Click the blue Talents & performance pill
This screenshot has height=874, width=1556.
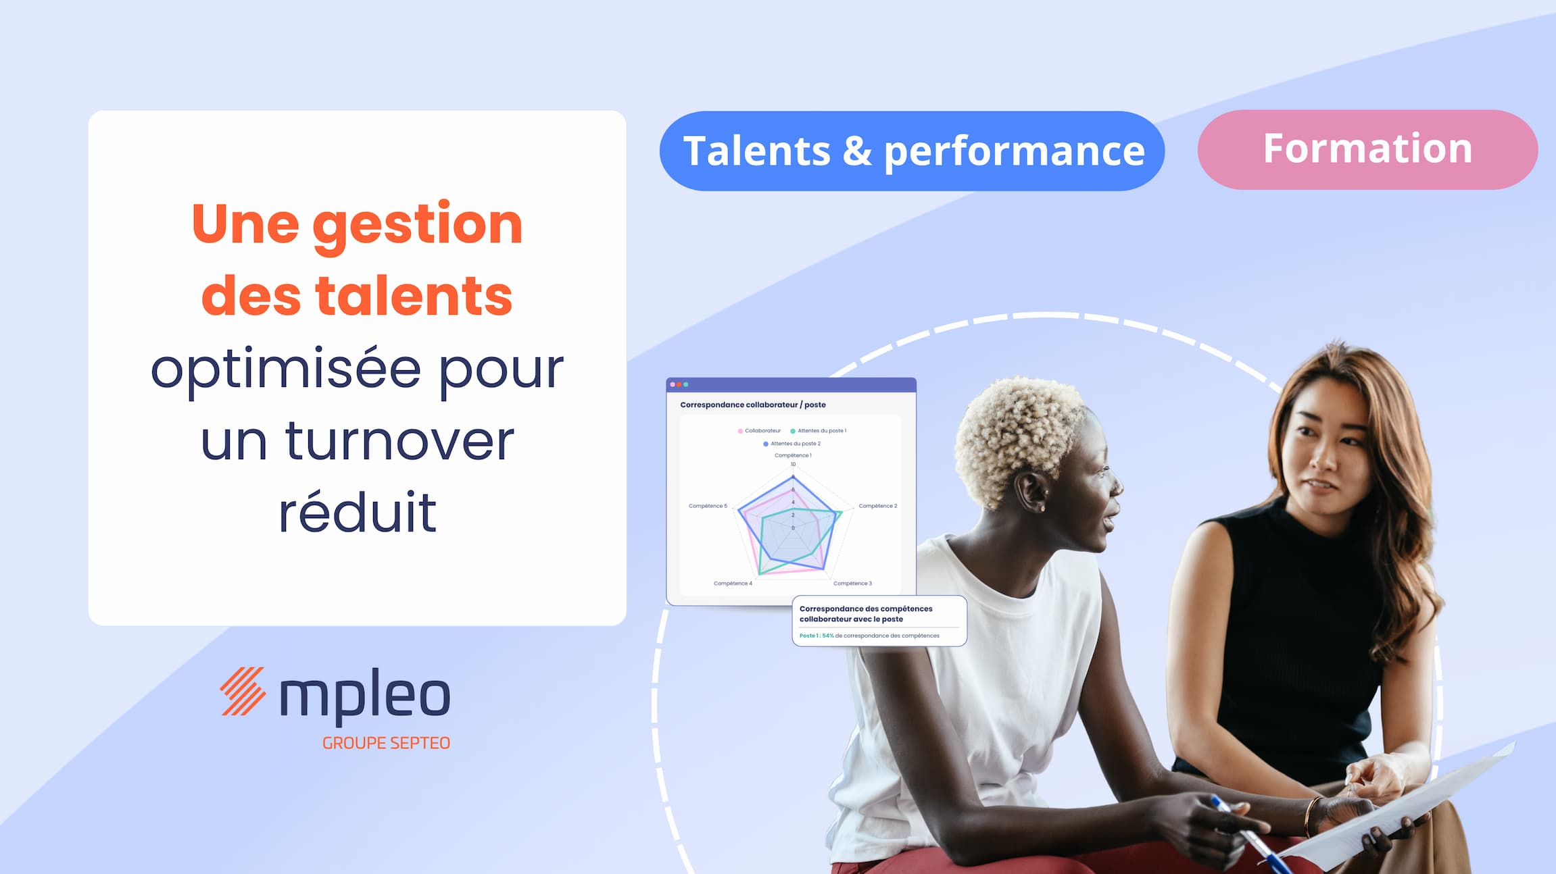[x=912, y=151]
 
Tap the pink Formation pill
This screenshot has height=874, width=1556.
[x=1367, y=149]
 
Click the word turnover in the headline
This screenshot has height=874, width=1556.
[x=399, y=442]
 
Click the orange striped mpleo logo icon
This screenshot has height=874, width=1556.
[x=243, y=691]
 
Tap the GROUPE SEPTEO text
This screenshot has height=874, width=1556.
[x=386, y=743]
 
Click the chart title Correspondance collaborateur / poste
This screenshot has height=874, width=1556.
[x=753, y=405]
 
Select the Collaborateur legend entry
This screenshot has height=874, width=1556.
[x=759, y=431]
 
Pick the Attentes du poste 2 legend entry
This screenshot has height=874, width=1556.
[x=792, y=444]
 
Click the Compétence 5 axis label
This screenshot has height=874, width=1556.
[x=708, y=506]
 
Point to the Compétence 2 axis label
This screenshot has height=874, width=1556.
[x=878, y=506]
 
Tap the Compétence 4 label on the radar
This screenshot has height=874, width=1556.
[x=733, y=584]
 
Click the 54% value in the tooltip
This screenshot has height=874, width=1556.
[x=828, y=636]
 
